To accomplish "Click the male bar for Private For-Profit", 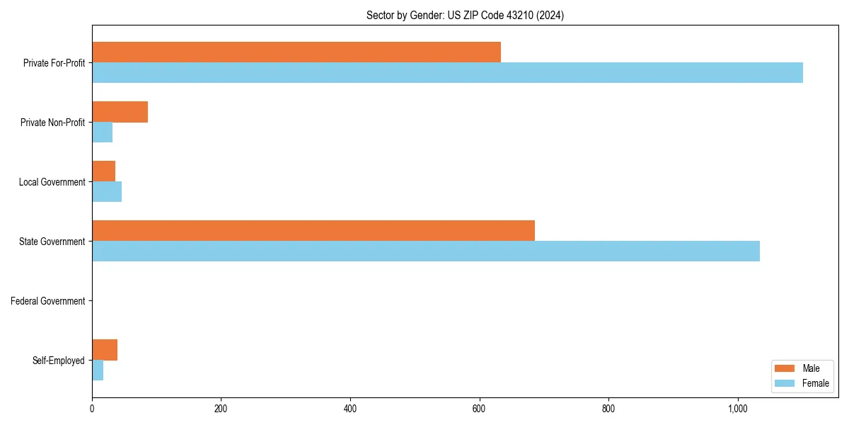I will point(296,52).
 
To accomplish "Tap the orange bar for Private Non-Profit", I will point(120,112).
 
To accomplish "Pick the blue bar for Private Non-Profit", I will point(102,132).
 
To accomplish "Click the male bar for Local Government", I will point(103,171).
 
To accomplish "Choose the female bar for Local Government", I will point(107,192).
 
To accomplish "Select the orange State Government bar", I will point(313,231).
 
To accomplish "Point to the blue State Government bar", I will point(426,251).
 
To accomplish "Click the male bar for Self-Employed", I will point(105,350).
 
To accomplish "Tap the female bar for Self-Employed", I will point(98,370).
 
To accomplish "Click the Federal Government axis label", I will point(48,301).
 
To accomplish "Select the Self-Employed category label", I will point(59,361).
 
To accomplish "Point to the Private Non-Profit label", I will point(52,123).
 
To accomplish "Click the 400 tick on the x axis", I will point(350,409).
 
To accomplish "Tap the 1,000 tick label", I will point(738,409).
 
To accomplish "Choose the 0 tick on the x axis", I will point(92,409).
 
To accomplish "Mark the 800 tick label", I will point(608,409).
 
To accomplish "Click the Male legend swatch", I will point(785,369).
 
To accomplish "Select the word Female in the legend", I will point(816,383).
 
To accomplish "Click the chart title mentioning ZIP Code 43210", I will point(465,15).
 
